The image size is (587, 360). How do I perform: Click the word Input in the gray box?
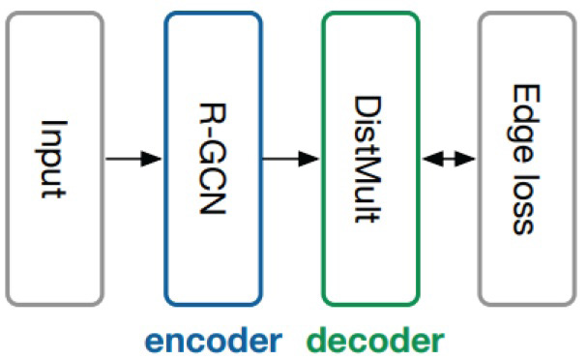54,157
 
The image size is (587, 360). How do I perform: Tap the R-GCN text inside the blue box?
212,157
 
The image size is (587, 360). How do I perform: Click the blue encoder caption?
214,340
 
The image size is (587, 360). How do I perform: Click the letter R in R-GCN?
212,105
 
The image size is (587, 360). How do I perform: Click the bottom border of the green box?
370,303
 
